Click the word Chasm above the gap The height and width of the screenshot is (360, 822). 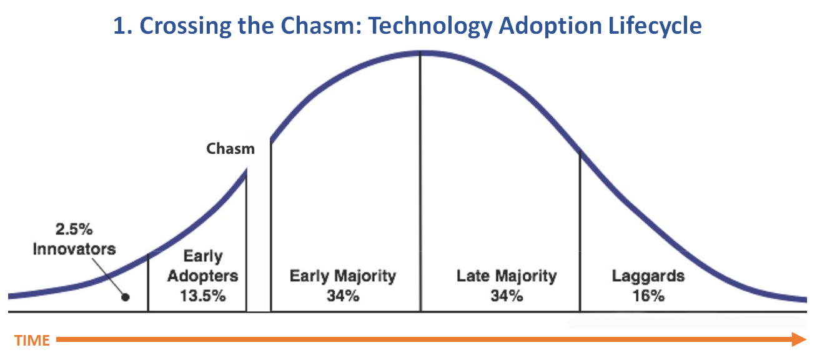230,149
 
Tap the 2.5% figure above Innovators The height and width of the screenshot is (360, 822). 74,229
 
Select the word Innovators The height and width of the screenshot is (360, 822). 74,249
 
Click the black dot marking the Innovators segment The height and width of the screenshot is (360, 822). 126,297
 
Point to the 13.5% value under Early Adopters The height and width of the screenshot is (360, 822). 202,296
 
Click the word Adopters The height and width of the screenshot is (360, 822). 202,276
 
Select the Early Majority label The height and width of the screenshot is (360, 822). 343,276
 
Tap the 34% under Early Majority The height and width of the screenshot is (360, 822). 343,296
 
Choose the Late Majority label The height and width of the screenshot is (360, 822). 507,276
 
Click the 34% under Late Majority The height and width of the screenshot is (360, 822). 507,296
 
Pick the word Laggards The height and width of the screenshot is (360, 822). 648,276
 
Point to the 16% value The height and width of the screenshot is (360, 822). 648,296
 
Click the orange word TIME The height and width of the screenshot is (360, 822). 32,341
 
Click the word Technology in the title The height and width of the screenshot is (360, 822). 430,26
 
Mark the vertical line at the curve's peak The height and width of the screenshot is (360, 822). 420,182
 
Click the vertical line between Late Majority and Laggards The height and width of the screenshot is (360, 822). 580,231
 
